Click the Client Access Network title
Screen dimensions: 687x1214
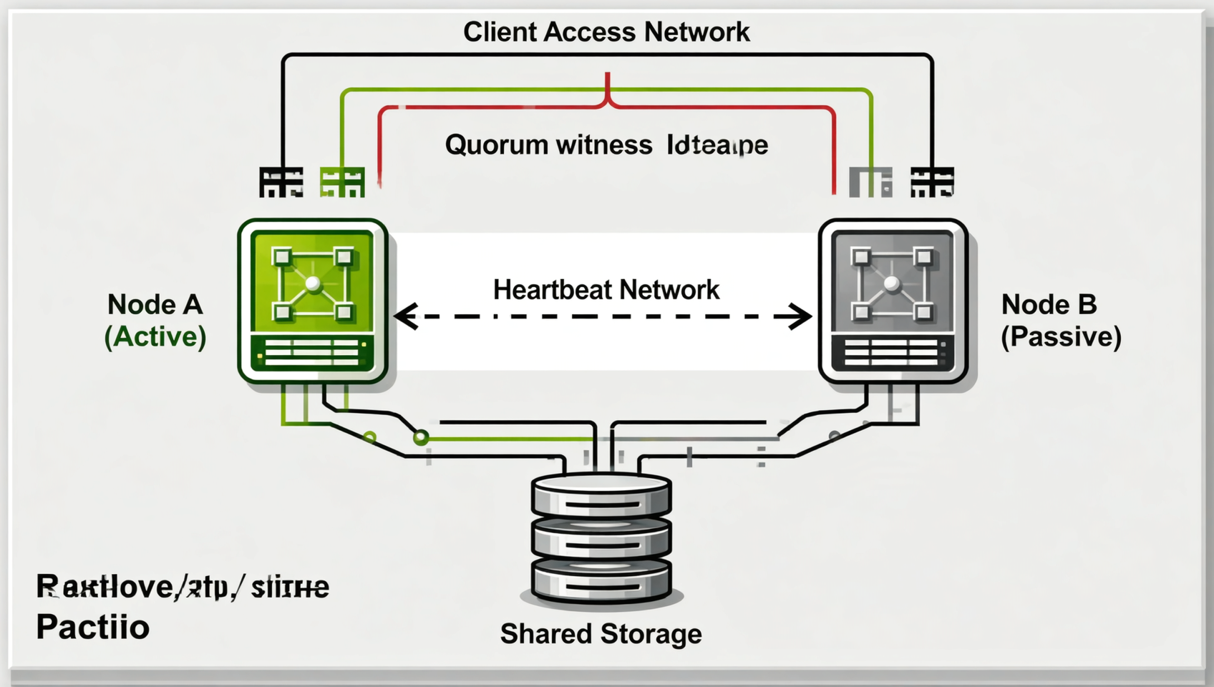point(606,32)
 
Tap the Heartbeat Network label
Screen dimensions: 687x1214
point(606,290)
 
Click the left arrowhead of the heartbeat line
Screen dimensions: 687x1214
point(406,316)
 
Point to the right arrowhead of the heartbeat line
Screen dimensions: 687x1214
point(800,316)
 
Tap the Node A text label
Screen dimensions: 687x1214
point(155,305)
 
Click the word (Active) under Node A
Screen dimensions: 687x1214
point(155,337)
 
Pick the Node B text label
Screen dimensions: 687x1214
point(1049,305)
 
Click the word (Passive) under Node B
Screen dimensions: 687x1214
point(1061,337)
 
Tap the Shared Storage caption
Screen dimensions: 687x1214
point(601,634)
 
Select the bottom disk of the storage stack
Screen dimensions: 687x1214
point(601,580)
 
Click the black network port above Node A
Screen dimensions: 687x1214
point(281,182)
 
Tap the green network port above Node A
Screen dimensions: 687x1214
point(342,182)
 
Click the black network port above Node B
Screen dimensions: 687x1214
point(932,182)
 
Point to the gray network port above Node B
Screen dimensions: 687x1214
point(870,182)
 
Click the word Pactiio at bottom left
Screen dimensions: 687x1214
point(93,628)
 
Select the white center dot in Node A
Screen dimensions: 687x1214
point(313,284)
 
